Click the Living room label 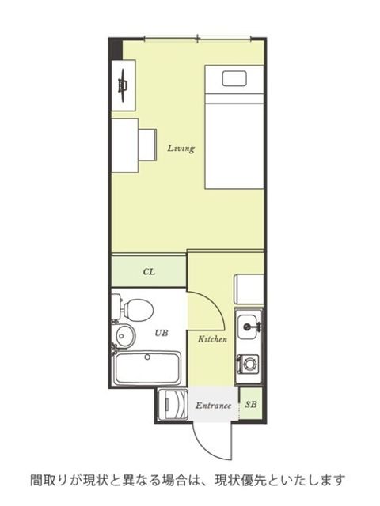tap(181, 149)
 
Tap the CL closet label tap(149, 272)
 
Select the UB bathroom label tap(161, 333)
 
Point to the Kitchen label tap(212, 339)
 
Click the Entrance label tap(213, 406)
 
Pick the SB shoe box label tap(251, 404)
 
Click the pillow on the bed tap(234, 78)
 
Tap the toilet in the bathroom tap(134, 310)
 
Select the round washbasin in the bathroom tap(124, 335)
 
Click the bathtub tap(147, 368)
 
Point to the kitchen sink tap(249, 327)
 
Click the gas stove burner tap(249, 364)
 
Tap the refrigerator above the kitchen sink tap(249, 289)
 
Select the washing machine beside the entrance tap(173, 405)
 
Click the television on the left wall tap(123, 85)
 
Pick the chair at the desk tap(148, 145)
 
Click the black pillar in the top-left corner tap(116, 49)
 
